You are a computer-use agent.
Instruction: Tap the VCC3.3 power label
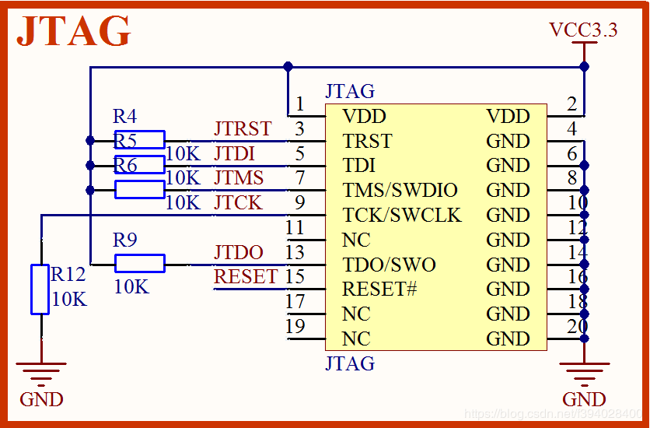coord(583,30)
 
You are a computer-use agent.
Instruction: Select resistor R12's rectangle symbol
coord(40,289)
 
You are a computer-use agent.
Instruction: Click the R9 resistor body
coord(140,263)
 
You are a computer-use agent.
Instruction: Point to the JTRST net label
coord(243,128)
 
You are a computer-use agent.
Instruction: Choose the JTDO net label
coord(239,252)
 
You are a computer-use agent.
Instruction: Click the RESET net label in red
coord(246,276)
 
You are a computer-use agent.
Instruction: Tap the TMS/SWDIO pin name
coord(400,191)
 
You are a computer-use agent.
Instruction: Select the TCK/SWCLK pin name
coord(401,215)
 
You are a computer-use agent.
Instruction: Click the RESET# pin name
coord(379,289)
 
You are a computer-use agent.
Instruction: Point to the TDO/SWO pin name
coord(389,265)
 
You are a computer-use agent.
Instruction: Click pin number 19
coord(295,326)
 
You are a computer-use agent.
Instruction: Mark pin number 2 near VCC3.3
coord(572,104)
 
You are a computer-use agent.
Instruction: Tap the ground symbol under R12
coord(41,374)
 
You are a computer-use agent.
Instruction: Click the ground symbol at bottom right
coord(584,374)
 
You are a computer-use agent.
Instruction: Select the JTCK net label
coord(238,203)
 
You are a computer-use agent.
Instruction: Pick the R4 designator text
coord(124,117)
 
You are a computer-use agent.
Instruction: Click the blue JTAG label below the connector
coord(350,363)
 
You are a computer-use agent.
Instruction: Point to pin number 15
coord(295,276)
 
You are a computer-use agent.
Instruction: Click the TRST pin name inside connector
coord(367,142)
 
